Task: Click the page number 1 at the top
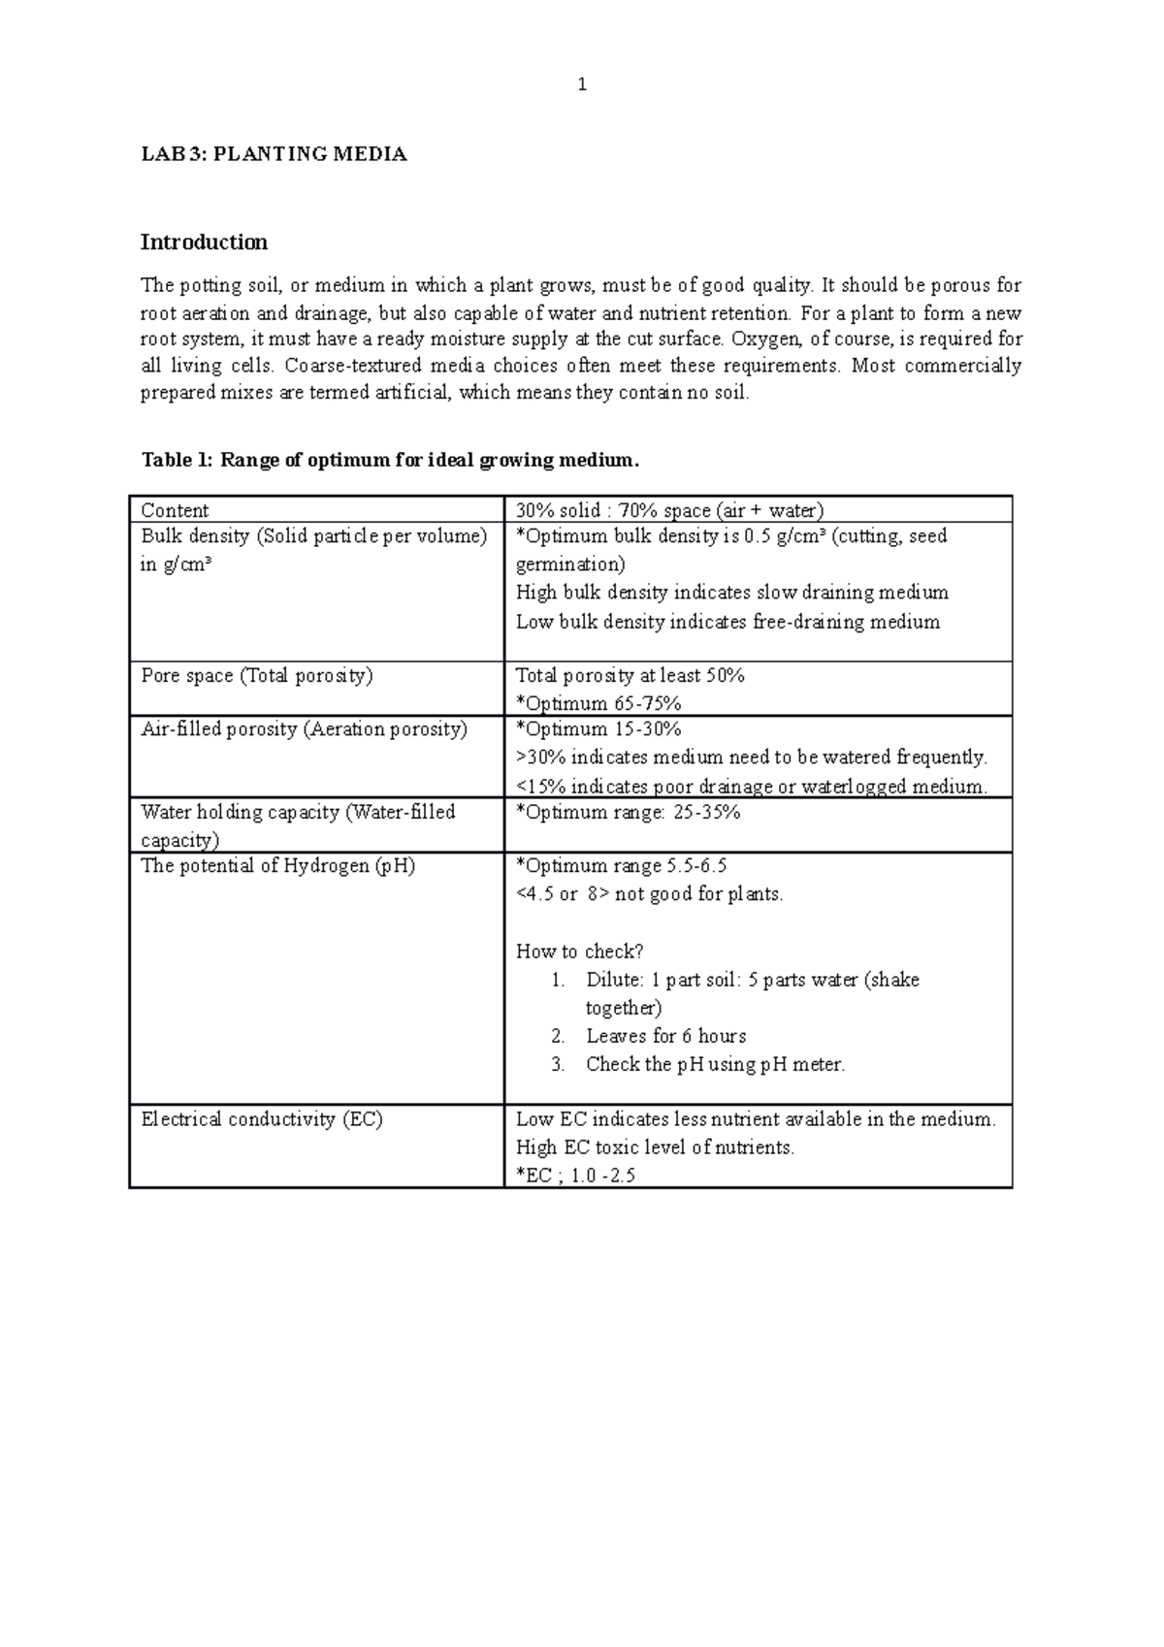[x=582, y=85]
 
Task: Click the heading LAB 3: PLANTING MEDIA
[x=274, y=154]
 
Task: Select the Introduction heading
[x=204, y=242]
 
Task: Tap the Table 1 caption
[x=390, y=460]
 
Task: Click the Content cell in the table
[x=175, y=510]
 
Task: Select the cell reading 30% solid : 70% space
[x=669, y=510]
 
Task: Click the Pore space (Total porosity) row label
[x=257, y=675]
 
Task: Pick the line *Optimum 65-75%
[x=598, y=703]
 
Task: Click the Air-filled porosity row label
[x=304, y=729]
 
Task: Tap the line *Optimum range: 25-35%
[x=628, y=812]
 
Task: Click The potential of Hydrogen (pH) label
[x=277, y=865]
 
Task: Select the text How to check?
[x=579, y=952]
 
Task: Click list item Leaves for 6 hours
[x=665, y=1036]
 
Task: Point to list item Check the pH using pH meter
[x=715, y=1064]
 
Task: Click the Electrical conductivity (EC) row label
[x=262, y=1119]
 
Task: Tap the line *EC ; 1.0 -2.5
[x=575, y=1176]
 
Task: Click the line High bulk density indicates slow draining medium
[x=731, y=593]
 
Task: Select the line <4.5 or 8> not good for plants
[x=649, y=894]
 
